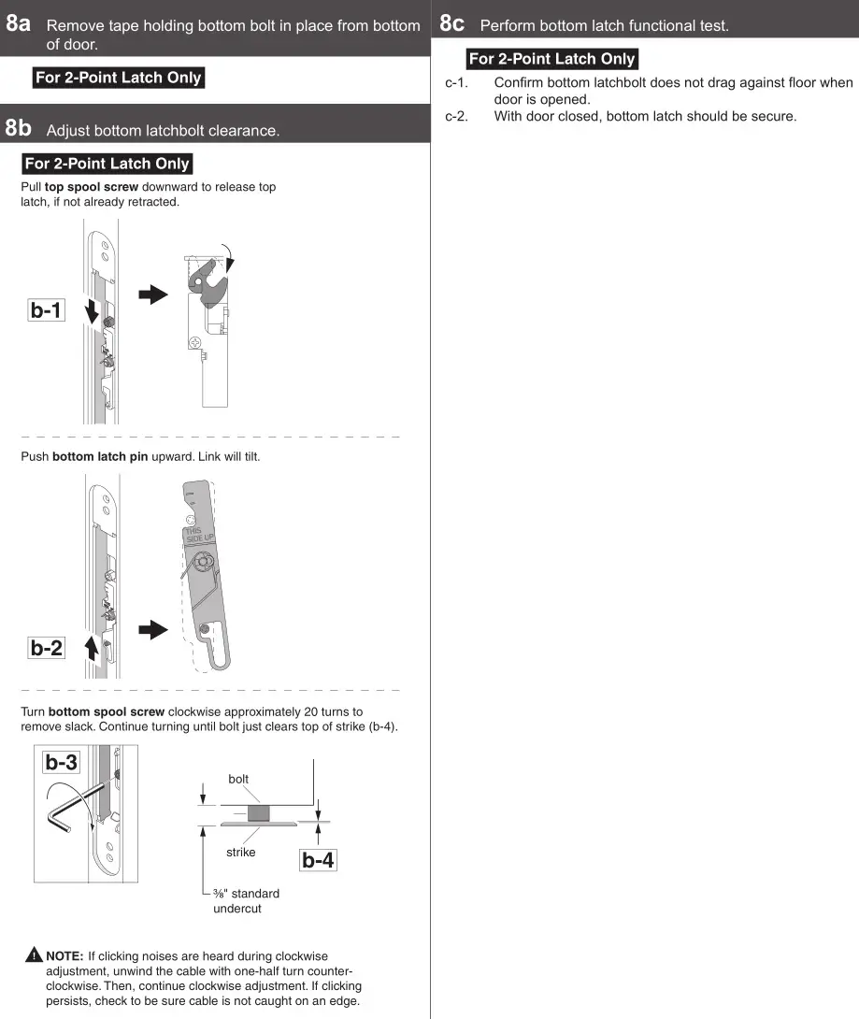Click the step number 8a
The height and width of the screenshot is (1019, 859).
[x=18, y=23]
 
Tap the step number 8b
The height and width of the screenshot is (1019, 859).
[x=18, y=127]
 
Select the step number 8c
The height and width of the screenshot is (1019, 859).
[x=451, y=23]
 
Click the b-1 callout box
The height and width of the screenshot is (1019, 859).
[x=46, y=310]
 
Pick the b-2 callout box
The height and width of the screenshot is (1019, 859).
[x=46, y=647]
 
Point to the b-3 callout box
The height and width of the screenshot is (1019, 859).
[x=62, y=762]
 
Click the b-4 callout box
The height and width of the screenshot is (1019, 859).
[x=318, y=860]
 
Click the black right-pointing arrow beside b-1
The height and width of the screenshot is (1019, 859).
[x=152, y=294]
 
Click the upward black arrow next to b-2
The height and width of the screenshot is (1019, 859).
[x=92, y=648]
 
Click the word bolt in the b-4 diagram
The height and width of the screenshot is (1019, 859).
[x=238, y=779]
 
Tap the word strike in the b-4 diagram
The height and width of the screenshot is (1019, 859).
[x=240, y=852]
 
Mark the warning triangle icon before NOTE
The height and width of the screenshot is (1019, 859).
[x=34, y=955]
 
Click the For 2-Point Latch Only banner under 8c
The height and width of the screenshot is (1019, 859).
[x=551, y=59]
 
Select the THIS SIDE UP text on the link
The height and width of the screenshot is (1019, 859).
[x=197, y=536]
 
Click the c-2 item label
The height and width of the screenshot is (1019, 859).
[x=455, y=117]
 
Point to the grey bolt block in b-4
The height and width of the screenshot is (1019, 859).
[x=258, y=812]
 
